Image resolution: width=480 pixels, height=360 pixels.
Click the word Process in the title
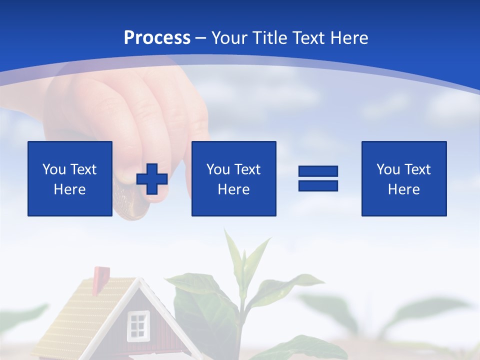click(x=157, y=38)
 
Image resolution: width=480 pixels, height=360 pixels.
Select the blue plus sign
click(x=152, y=179)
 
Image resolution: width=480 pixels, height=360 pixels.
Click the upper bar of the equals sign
click(x=318, y=171)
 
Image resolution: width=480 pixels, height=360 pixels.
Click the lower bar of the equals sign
click(x=318, y=185)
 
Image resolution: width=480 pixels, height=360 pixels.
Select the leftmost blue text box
click(x=70, y=178)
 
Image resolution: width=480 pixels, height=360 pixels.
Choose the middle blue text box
click(x=233, y=178)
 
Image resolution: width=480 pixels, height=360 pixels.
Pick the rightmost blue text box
click(x=403, y=178)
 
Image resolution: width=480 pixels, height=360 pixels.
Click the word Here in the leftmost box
click(x=69, y=189)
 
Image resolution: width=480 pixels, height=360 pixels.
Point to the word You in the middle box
click(x=218, y=169)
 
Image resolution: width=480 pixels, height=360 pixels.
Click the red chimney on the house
click(x=101, y=275)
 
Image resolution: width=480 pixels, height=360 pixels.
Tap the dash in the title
click(x=201, y=38)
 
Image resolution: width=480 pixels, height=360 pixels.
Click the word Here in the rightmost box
click(x=403, y=189)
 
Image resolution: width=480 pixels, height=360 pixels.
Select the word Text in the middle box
click(x=248, y=169)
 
